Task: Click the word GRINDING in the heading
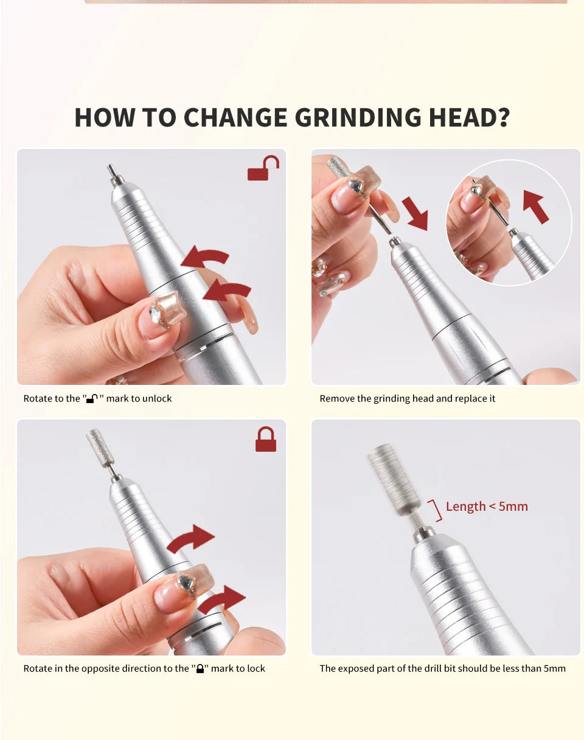click(x=358, y=117)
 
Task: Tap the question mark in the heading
click(x=502, y=117)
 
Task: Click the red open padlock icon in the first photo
click(x=263, y=168)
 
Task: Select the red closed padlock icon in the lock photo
click(x=266, y=439)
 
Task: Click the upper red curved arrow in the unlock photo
click(x=205, y=257)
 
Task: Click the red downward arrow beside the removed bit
click(x=415, y=213)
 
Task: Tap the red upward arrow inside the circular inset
click(x=535, y=207)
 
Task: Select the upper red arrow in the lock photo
click(x=190, y=539)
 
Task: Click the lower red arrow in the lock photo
click(x=222, y=600)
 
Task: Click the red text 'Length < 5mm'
click(x=487, y=507)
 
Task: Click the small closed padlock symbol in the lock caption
click(x=200, y=668)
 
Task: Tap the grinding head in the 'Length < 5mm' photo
click(x=394, y=479)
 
